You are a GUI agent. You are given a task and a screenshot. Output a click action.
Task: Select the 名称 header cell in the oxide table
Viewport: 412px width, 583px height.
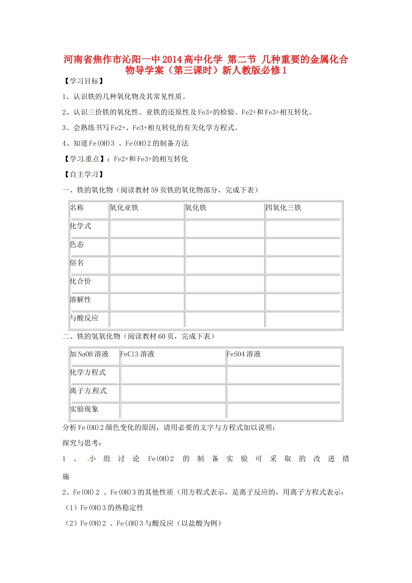click(x=77, y=208)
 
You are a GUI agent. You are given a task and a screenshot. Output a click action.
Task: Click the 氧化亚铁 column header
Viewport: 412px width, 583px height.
click(x=124, y=208)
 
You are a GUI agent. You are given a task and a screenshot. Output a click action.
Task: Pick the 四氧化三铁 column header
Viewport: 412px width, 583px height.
click(x=284, y=208)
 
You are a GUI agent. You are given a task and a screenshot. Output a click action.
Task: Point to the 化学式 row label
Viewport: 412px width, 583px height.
click(x=81, y=226)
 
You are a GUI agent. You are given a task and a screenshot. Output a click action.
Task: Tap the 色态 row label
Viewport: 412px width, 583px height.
click(x=77, y=245)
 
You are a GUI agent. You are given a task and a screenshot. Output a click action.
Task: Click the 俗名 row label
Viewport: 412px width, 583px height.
click(x=77, y=263)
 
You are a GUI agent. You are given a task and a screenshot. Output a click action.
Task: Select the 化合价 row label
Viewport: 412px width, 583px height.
click(x=81, y=281)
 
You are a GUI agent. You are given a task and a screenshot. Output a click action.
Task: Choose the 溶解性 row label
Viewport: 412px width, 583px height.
click(x=81, y=300)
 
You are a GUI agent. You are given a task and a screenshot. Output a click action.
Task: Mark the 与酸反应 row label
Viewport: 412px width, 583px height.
click(x=84, y=318)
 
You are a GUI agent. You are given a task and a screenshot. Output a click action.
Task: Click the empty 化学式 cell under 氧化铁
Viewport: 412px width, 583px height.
click(x=225, y=228)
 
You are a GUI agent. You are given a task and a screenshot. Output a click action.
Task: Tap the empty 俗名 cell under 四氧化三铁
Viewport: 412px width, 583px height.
click(x=304, y=265)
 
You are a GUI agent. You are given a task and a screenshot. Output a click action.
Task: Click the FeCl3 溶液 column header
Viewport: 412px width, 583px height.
click(x=137, y=354)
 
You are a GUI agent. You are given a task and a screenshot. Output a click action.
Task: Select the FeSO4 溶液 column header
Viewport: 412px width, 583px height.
click(x=244, y=354)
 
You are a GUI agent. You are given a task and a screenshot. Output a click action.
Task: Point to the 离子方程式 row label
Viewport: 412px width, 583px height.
click(x=88, y=391)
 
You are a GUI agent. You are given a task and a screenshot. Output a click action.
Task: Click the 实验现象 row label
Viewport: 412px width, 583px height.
click(x=84, y=409)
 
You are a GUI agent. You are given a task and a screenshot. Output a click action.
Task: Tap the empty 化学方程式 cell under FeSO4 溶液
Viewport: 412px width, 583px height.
click(x=284, y=375)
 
